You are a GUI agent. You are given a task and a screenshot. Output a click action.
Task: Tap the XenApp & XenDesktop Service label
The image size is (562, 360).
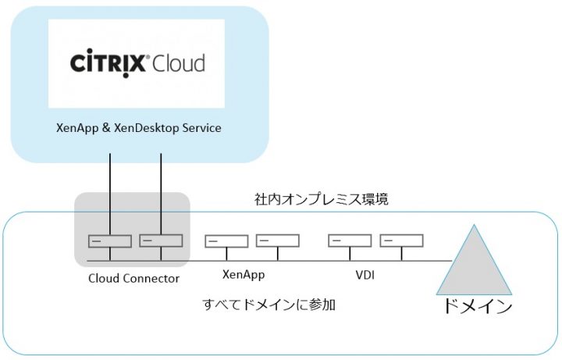[x=139, y=127]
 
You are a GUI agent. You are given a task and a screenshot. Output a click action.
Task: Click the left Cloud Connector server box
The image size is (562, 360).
[x=110, y=241]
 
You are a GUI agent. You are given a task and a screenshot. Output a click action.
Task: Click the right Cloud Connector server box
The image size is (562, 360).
[x=161, y=241]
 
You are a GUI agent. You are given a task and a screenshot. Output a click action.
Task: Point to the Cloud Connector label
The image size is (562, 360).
[x=135, y=278]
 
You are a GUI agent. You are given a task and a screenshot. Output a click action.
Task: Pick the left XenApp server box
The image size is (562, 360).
[x=226, y=241]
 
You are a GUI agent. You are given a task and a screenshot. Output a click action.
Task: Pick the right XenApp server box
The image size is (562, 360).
[x=277, y=241]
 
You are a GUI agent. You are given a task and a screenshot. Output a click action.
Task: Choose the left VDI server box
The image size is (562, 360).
[x=350, y=241]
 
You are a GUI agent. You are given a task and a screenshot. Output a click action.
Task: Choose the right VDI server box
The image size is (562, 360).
[x=400, y=241]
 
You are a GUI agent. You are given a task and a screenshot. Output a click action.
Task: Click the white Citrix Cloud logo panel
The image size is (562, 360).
[x=136, y=63]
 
